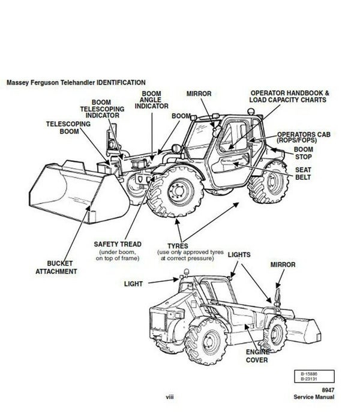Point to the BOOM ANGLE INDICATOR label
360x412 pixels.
coord(151,100)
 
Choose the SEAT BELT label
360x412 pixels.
coord(302,174)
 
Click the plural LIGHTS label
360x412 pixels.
coord(239,254)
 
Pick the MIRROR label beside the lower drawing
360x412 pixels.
coord(283,263)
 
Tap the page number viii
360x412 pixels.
coord(170,397)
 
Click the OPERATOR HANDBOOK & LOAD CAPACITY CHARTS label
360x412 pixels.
coord(289,97)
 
